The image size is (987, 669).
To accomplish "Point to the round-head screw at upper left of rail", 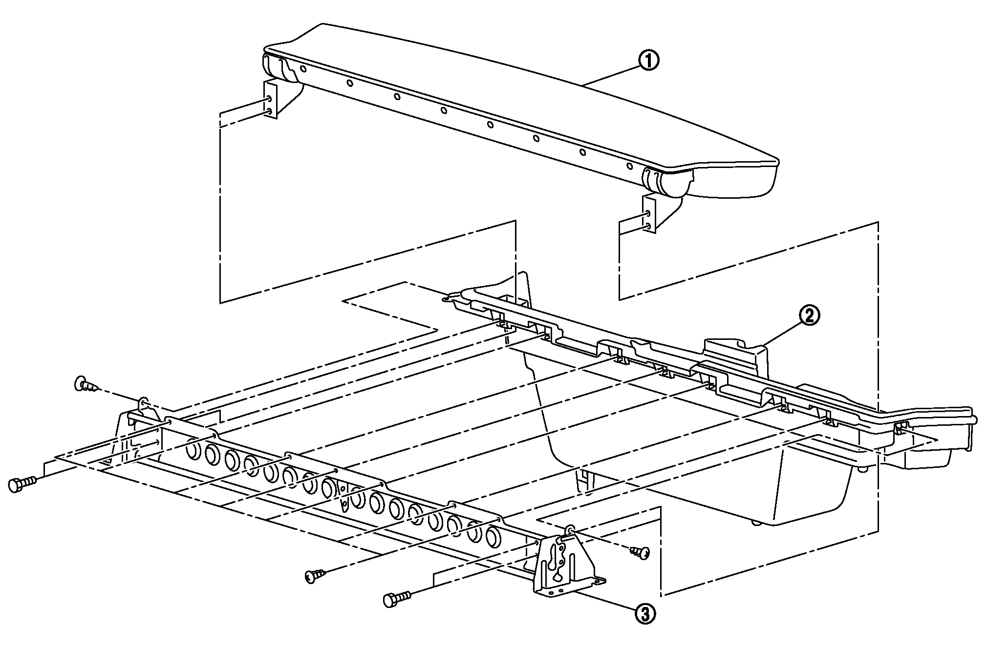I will (x=83, y=384).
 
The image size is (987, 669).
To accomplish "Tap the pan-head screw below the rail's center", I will (x=315, y=576).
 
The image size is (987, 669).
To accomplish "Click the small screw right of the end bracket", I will (x=641, y=553).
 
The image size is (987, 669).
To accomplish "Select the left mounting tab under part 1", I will (x=271, y=100).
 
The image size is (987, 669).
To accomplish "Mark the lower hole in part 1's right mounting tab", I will (x=648, y=226).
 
